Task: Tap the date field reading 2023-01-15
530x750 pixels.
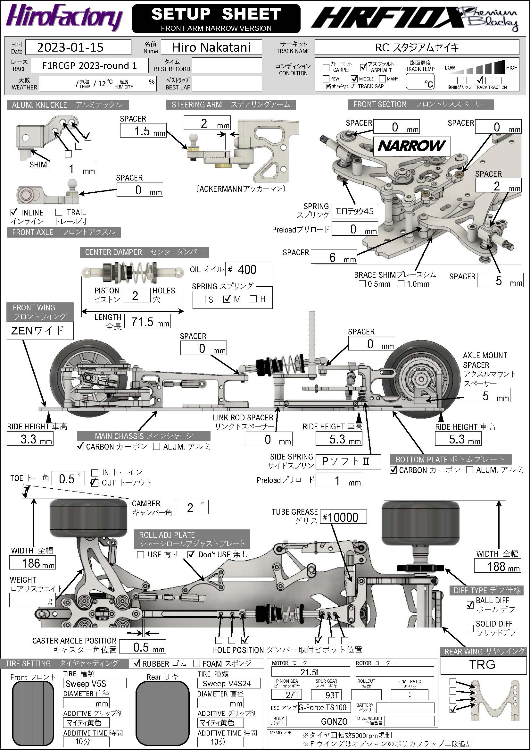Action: [78, 47]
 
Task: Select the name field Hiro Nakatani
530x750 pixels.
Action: [211, 47]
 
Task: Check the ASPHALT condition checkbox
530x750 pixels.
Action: [364, 67]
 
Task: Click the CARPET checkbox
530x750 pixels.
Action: [326, 68]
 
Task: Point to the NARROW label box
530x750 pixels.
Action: [412, 146]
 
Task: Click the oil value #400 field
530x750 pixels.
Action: [249, 269]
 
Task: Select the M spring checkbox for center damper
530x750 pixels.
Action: [227, 299]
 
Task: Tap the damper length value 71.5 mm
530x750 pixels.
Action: [147, 322]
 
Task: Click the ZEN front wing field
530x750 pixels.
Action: [40, 331]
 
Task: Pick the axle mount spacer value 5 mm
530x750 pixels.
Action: [486, 396]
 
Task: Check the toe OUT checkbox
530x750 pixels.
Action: [94, 483]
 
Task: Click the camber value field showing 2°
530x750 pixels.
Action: [192, 507]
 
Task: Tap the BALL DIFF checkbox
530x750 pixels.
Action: [470, 605]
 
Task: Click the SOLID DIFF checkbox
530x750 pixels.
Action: [470, 628]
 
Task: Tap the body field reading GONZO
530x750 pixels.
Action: [318, 721]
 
